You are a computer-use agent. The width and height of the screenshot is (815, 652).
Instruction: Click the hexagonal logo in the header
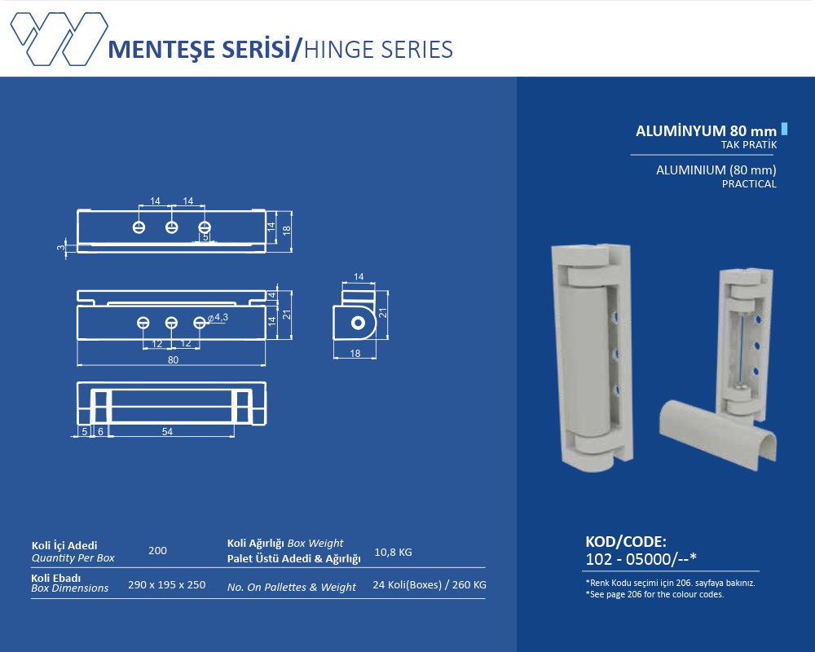coord(59,39)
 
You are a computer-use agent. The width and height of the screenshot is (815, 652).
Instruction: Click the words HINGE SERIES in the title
coord(378,50)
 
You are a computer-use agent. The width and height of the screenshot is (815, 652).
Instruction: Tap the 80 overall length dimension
coord(173,359)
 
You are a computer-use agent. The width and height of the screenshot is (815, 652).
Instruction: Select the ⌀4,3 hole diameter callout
coord(218,317)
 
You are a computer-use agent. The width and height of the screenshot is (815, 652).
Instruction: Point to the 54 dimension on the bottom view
coord(167,432)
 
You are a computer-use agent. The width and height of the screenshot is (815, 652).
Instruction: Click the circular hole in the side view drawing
coord(358,323)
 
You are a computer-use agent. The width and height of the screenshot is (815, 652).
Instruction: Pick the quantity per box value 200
coord(157,551)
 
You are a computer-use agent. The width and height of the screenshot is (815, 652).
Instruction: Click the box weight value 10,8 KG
coord(393,553)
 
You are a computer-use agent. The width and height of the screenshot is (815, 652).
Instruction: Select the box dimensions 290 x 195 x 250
coord(167,585)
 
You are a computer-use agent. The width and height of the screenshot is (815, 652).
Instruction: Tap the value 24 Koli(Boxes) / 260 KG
coord(430,585)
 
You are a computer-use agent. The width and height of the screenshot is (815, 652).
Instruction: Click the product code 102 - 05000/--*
coord(641,559)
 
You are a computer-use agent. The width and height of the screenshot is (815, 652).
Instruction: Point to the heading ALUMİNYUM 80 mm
coord(706,131)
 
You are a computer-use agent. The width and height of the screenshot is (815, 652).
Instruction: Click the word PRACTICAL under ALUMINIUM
coord(749,184)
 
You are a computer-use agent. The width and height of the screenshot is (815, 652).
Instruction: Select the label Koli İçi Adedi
coord(64,545)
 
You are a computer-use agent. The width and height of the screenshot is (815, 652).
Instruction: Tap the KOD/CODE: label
coord(626,542)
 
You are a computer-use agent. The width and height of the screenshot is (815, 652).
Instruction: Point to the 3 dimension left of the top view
coord(61,248)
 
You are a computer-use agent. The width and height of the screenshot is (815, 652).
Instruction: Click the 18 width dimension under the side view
coord(355,354)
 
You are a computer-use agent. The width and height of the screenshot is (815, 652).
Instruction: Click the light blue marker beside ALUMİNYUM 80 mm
coord(784,129)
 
